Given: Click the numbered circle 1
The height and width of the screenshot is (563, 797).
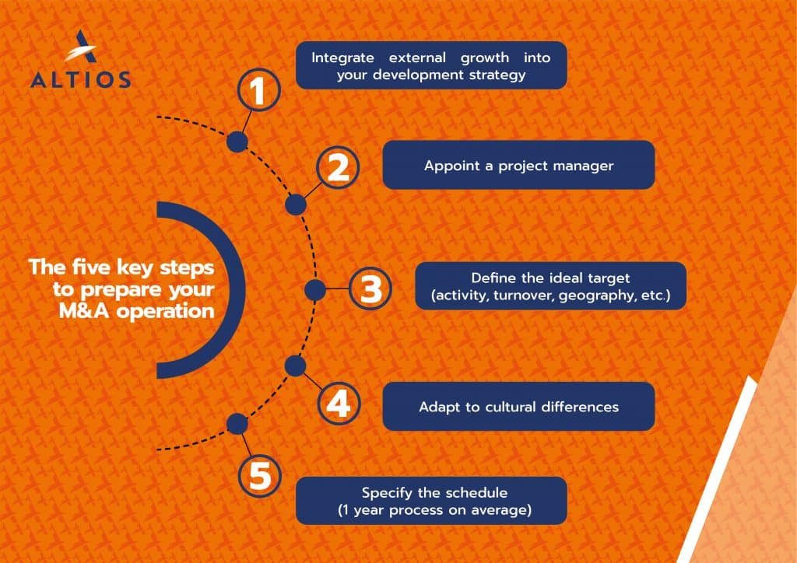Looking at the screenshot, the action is tap(259, 90).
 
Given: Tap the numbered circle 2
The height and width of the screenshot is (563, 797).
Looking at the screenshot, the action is tap(338, 167).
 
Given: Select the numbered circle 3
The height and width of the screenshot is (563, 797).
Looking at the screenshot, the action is tap(370, 288).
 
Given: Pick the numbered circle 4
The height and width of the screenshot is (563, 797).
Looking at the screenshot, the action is tap(339, 404).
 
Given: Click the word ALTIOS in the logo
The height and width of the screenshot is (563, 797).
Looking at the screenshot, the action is tap(81, 79).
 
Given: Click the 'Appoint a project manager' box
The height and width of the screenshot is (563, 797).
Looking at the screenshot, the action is tap(518, 165).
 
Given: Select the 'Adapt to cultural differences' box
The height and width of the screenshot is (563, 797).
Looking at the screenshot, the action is tap(518, 406).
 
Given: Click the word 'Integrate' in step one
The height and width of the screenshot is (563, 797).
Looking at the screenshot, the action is tap(342, 58).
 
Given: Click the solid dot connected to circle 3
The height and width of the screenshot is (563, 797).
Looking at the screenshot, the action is tap(315, 290).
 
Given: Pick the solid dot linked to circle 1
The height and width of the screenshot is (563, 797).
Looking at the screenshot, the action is tap(237, 142).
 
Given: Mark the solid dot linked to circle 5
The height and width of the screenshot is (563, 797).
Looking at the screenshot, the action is tap(237, 424).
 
